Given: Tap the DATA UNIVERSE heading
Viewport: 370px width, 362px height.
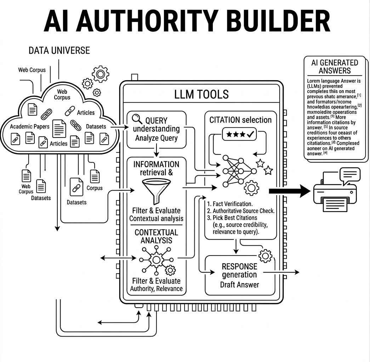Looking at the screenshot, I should [59, 51].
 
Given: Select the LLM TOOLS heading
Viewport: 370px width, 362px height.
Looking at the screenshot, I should [201, 94].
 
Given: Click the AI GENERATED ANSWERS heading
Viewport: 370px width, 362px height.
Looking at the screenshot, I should [334, 66].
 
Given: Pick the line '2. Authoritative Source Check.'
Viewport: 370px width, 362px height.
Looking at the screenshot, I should [241, 211].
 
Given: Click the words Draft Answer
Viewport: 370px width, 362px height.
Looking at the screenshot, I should [240, 285].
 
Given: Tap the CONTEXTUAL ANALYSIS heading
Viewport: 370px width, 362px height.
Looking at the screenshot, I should [156, 237].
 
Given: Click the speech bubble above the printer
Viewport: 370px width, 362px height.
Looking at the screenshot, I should [349, 174].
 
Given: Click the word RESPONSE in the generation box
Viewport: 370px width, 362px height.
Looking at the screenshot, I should [239, 266].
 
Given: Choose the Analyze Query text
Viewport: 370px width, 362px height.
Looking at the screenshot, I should [156, 138].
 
